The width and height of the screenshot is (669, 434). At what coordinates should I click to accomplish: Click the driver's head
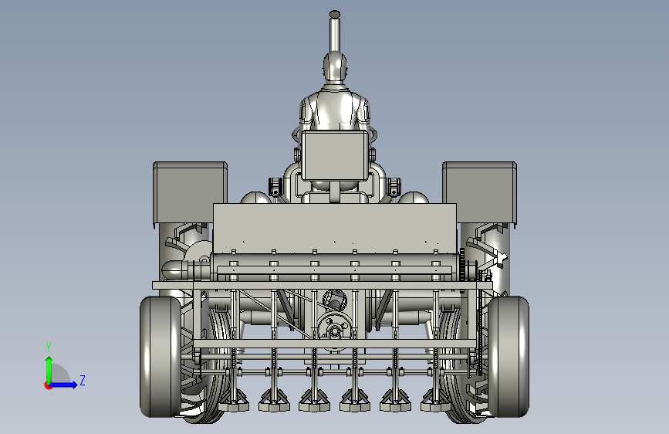[x=335, y=66]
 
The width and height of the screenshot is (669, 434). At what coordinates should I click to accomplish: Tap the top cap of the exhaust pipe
[x=335, y=14]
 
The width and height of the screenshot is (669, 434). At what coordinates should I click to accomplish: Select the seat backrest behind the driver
[x=335, y=155]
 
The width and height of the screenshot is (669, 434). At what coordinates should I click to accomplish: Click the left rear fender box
[x=190, y=192]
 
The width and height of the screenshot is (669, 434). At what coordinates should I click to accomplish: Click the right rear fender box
[x=479, y=192]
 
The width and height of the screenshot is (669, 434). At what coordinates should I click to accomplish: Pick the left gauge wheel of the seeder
[x=160, y=357]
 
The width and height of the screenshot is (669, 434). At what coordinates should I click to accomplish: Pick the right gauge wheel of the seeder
[x=509, y=357]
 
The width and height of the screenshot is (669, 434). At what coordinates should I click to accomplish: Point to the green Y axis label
[x=49, y=348]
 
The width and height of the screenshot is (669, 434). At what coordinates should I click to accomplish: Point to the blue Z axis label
[x=83, y=380]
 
